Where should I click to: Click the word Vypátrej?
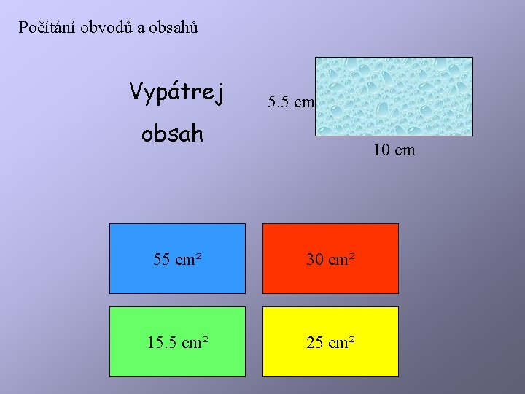click(177, 93)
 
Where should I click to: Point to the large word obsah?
click(172, 134)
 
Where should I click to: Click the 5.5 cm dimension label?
click(290, 102)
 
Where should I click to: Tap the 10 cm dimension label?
click(393, 151)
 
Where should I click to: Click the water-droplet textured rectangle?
click(393, 96)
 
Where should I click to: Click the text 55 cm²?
click(177, 259)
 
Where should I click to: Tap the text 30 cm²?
click(330, 259)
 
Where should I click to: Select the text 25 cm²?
click(330, 342)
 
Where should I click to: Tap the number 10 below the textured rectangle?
click(381, 151)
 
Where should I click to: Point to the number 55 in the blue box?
click(162, 259)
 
